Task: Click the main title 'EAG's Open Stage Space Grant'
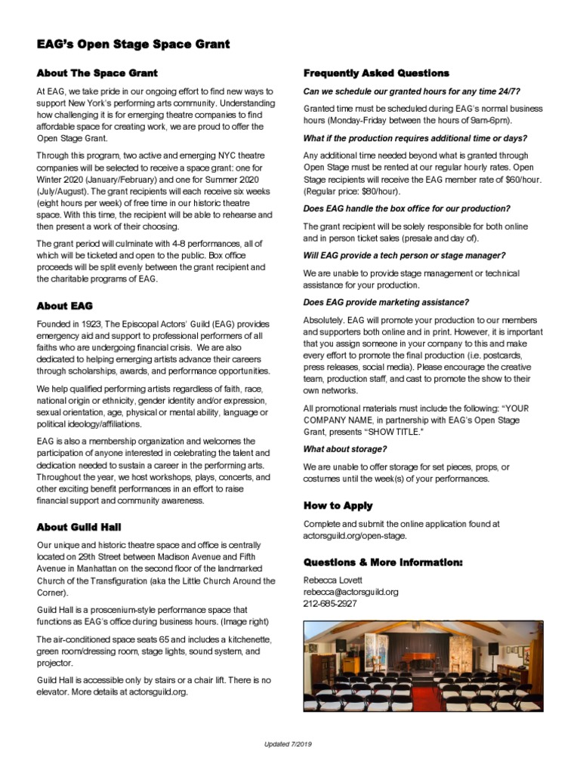[x=134, y=45]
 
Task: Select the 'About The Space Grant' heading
[x=97, y=73]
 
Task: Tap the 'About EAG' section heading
[x=64, y=306]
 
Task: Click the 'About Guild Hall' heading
[x=79, y=527]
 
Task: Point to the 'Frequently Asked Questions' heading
[x=376, y=73]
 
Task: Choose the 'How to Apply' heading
[x=338, y=506]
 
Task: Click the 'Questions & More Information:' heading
[x=383, y=562]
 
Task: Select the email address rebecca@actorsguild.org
[x=350, y=592]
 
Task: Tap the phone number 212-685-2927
[x=330, y=604]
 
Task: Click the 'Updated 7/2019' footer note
[x=288, y=744]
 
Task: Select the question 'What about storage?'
[x=344, y=449]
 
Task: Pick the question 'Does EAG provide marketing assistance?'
[x=386, y=302]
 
